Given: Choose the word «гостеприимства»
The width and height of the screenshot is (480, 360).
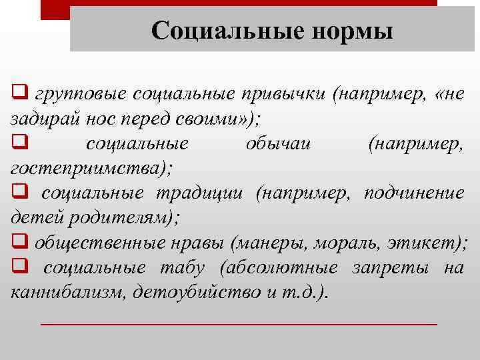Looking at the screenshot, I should [x=87, y=168].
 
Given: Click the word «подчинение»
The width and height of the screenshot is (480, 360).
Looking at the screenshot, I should [x=414, y=193].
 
